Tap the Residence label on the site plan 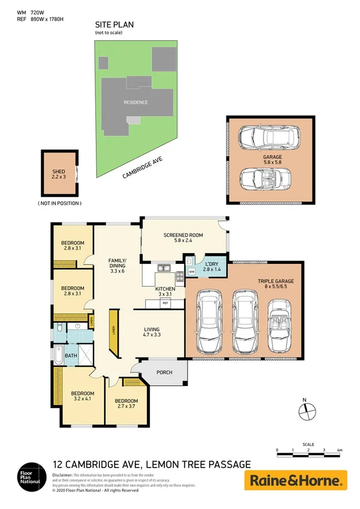point(135,103)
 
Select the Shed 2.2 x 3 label point(59,175)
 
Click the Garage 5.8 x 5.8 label point(272,160)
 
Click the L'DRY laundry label point(211,267)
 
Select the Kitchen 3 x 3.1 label point(165,291)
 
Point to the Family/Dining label point(116,266)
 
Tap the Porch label point(164,372)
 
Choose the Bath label point(71,356)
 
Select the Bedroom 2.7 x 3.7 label point(126,403)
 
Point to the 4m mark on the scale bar point(340,449)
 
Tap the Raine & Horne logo point(295,480)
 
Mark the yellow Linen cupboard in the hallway point(112,333)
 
